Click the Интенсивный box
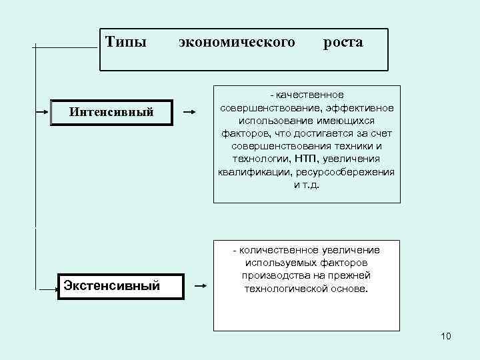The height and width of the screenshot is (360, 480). click(111, 112)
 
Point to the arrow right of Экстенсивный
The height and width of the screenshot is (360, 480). click(200, 287)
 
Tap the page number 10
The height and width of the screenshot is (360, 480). click(446, 336)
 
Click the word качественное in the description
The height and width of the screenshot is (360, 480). click(310, 95)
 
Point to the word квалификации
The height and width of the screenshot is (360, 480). click(248, 171)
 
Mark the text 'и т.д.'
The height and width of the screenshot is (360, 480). click(307, 184)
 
